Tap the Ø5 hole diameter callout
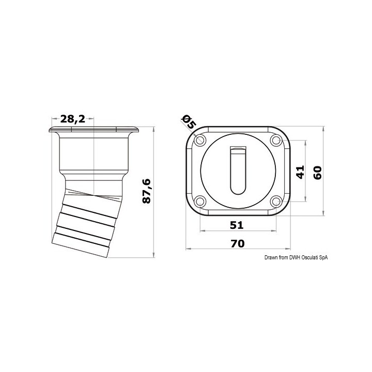(x=189, y=122)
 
